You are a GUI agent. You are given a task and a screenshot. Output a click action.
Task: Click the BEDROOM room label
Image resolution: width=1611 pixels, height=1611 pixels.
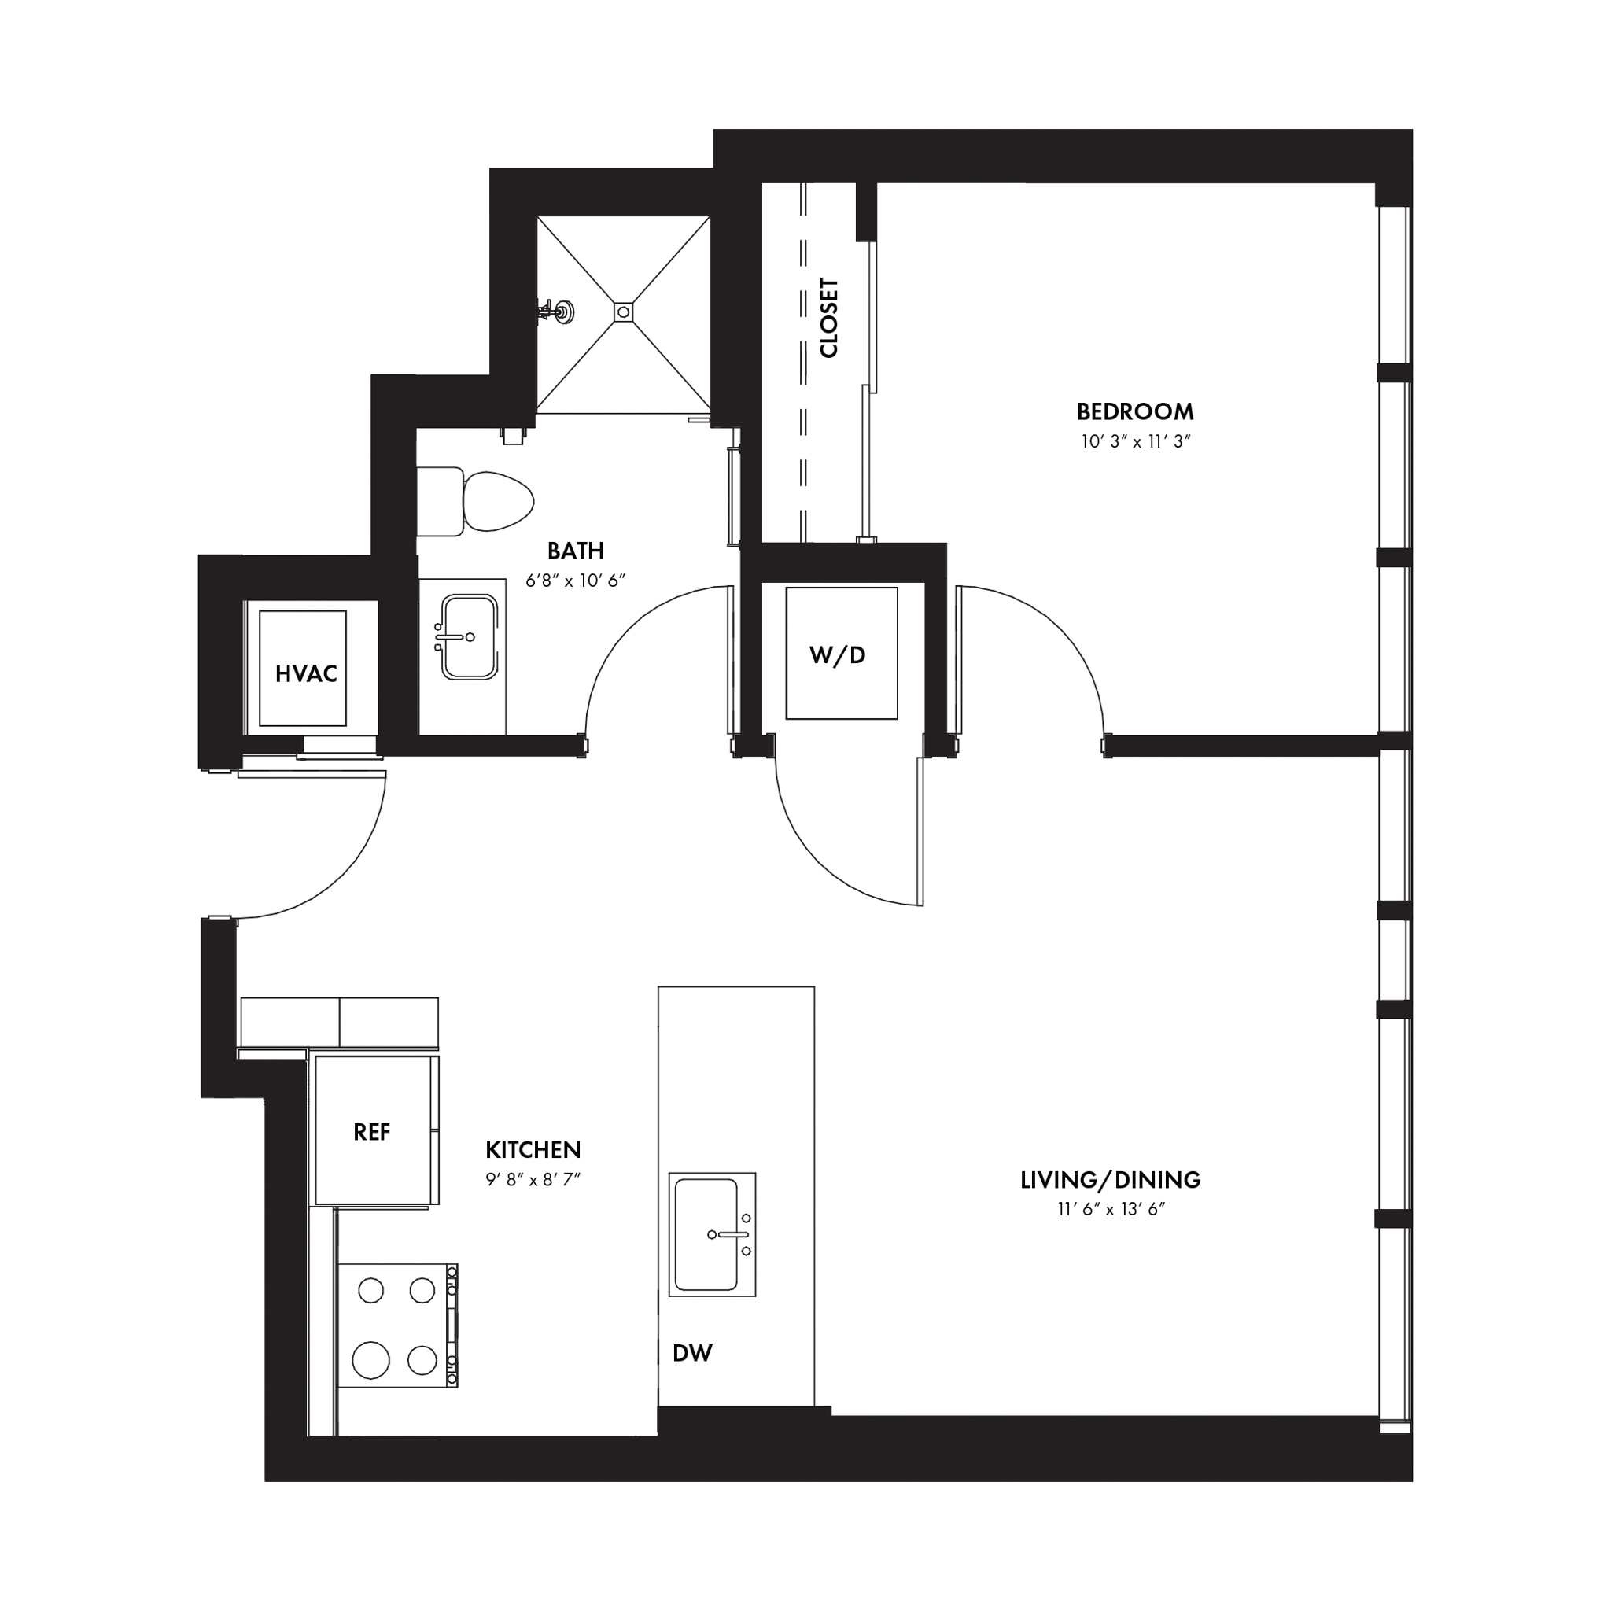pos(1135,411)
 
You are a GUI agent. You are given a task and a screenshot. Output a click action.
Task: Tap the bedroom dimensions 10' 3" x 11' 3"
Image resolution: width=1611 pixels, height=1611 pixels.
pos(1135,441)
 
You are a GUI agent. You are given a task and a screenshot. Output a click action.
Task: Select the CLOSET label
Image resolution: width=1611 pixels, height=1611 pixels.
pos(829,318)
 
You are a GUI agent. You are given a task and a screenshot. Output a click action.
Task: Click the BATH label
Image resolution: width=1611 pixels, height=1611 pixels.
pos(575,551)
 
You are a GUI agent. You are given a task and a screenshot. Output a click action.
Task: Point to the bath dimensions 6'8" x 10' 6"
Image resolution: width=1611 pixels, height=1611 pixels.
pos(575,581)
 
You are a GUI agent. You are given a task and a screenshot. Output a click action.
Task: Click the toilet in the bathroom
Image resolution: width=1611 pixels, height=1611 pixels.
pos(475,501)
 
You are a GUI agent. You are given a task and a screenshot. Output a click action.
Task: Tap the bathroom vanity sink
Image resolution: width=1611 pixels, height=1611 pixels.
pos(469,637)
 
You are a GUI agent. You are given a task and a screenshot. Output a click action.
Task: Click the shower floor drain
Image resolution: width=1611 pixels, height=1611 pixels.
pos(623,312)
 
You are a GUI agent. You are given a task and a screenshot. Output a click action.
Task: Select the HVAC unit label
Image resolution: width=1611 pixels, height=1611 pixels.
pos(306,674)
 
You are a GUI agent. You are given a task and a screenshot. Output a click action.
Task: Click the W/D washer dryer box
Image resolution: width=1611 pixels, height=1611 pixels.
pos(842,653)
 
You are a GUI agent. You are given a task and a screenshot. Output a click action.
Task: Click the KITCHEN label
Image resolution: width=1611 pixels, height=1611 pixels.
pos(533,1150)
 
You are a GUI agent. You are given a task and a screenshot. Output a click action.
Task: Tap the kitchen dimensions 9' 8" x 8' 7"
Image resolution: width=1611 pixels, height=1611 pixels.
pos(533,1179)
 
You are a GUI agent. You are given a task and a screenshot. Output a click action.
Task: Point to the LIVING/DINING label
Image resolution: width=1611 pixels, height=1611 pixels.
pos(1111,1180)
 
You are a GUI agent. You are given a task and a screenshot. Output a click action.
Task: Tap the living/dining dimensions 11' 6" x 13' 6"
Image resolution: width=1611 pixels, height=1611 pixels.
pos(1111,1209)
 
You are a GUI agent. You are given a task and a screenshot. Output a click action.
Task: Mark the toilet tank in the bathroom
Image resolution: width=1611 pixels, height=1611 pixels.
pos(440,501)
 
